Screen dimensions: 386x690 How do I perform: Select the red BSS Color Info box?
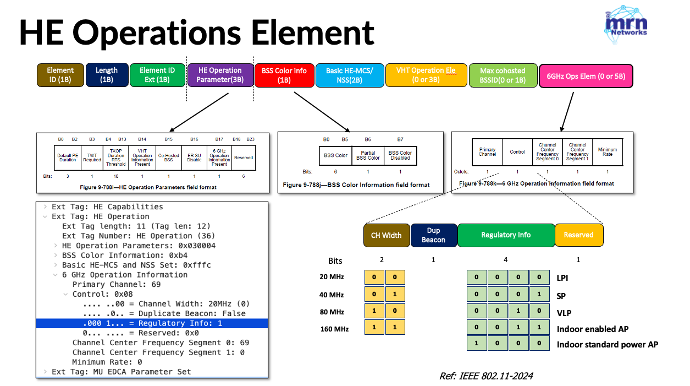point(284,75)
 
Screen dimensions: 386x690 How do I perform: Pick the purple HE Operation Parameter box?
point(220,75)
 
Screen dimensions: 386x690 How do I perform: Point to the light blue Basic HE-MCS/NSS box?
point(349,75)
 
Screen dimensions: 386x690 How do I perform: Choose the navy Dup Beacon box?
point(433,235)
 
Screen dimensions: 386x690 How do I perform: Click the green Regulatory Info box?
point(506,235)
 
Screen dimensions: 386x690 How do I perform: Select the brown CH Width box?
point(387,235)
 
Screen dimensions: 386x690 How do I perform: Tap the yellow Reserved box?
point(578,235)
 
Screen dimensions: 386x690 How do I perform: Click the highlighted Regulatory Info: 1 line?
point(152,323)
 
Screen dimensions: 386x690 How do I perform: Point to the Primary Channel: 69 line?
point(116,285)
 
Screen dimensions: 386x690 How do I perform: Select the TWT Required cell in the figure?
point(92,157)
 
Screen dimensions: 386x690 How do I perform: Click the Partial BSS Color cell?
point(368,155)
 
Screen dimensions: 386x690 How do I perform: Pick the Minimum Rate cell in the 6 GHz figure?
point(607,151)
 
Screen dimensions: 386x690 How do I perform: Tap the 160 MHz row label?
point(334,329)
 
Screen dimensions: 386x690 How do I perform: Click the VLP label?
point(564,313)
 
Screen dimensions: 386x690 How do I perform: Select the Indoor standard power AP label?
point(607,345)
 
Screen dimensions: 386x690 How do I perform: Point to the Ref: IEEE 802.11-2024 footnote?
point(485,376)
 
